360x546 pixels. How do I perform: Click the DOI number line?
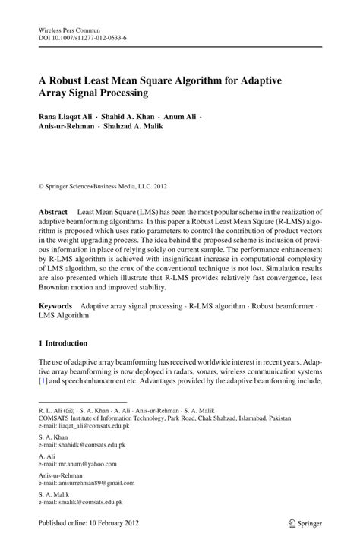82,37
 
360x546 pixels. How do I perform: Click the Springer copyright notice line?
102,184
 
